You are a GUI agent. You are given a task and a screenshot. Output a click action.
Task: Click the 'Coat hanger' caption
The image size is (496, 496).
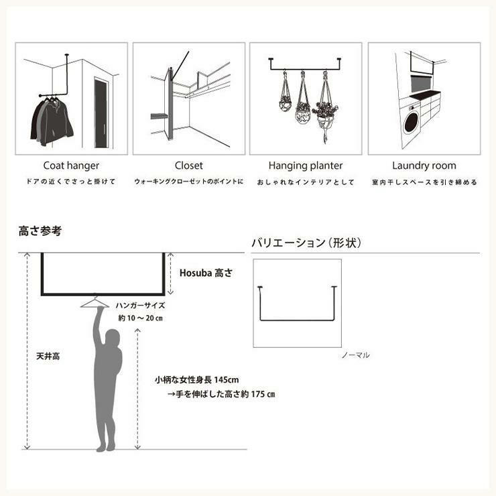[71, 166]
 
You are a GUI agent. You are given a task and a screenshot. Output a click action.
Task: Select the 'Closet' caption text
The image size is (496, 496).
[189, 166]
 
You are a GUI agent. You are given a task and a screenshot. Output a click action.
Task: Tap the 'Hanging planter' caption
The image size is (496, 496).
[306, 166]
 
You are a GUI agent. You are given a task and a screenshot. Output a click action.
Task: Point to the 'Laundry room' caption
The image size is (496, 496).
[424, 166]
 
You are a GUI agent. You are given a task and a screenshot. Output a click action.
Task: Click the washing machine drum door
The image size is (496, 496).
[412, 122]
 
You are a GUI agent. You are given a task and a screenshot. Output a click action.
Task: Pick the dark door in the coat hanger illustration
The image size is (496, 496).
[101, 113]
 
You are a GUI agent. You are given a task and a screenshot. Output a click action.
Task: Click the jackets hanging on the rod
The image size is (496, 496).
[52, 121]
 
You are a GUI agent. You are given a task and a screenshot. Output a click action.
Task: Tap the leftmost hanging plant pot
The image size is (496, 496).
[285, 103]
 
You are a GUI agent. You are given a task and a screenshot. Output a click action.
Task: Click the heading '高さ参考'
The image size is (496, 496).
[40, 231]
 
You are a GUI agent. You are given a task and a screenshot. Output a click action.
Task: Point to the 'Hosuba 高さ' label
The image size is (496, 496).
[206, 273]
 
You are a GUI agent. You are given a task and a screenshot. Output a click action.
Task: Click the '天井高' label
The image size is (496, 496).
[48, 357]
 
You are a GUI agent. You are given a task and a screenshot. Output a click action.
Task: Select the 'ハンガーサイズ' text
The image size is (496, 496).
[140, 306]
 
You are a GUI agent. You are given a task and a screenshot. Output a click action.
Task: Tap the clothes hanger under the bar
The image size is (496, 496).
[95, 302]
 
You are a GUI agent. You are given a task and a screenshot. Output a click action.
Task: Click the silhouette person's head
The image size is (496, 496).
[113, 338]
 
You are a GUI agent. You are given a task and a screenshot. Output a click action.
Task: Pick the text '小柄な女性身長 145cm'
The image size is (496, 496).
[197, 379]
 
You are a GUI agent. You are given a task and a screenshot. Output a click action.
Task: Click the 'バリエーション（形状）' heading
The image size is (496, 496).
[306, 243]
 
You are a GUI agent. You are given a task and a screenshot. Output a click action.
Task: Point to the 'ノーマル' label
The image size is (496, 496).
[355, 355]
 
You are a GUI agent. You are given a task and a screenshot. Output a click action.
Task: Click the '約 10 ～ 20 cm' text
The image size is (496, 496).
[141, 318]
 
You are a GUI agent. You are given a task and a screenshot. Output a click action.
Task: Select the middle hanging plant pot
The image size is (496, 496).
[303, 113]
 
